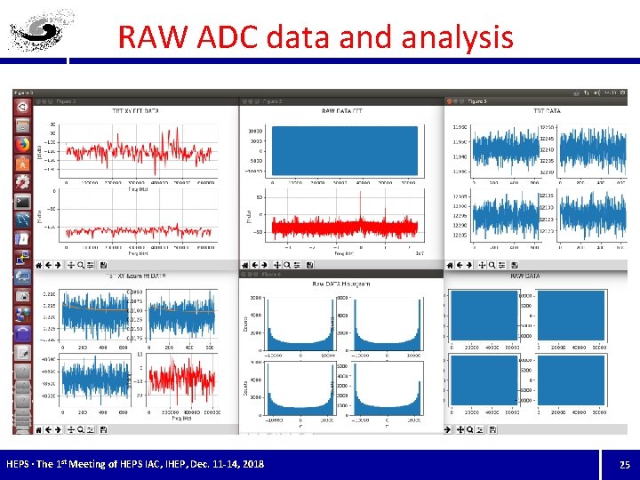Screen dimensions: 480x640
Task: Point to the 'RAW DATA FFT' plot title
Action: click(x=341, y=111)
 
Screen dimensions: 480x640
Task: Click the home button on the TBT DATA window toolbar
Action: click(x=452, y=264)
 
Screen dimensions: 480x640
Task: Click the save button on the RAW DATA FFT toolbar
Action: click(x=310, y=264)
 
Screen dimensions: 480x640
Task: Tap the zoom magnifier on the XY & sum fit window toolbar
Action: click(x=81, y=264)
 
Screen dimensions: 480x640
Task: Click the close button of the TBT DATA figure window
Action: click(x=451, y=101)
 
